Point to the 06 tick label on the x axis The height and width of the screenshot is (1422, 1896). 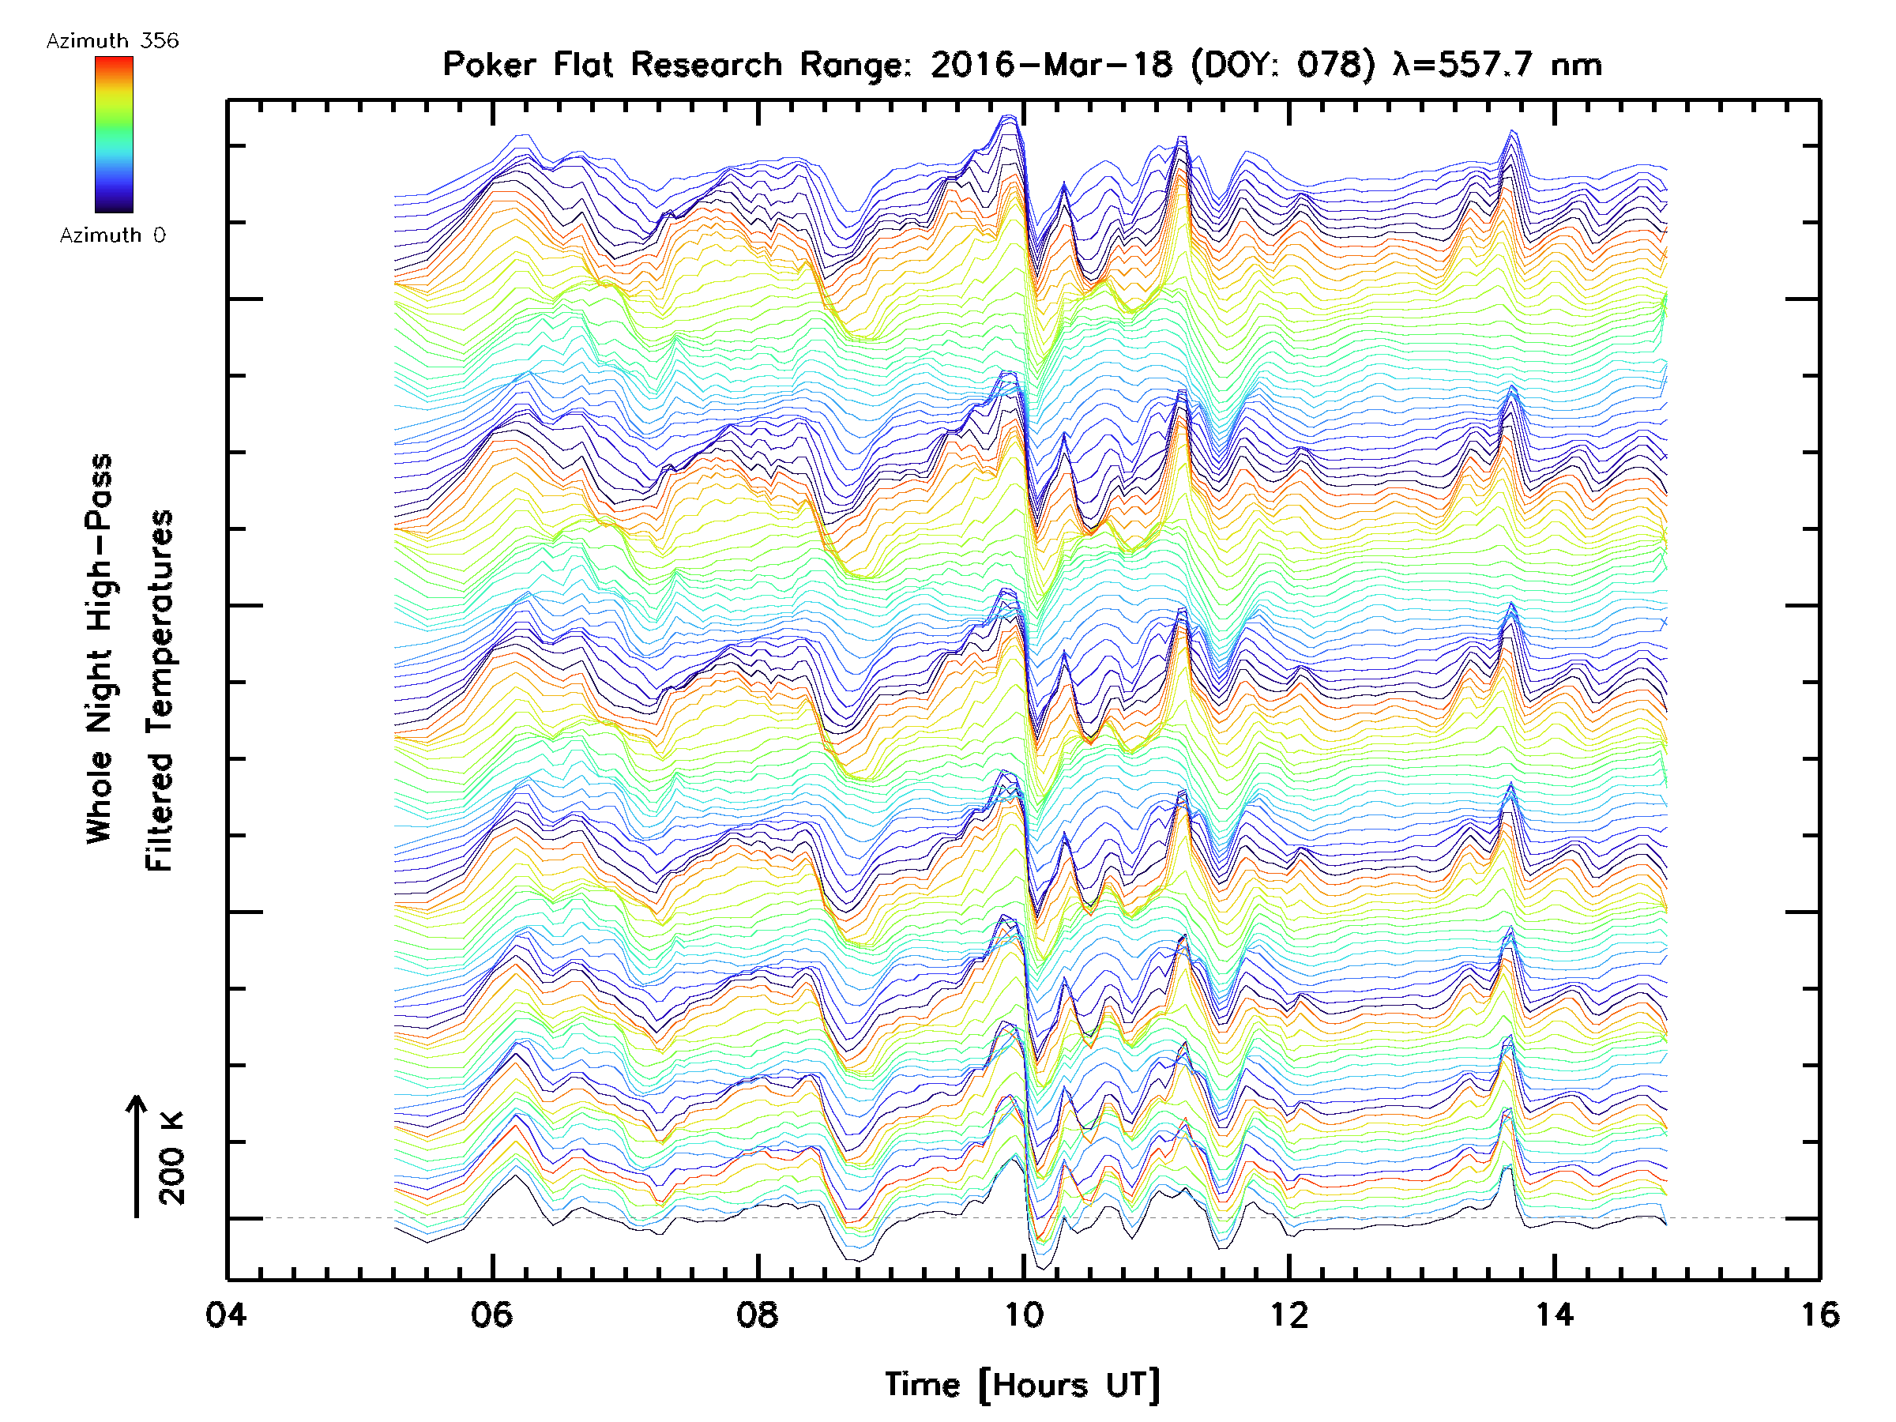[x=492, y=1315]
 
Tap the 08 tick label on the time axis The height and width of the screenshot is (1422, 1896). [x=758, y=1315]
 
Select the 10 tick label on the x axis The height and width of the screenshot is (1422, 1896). [x=1023, y=1315]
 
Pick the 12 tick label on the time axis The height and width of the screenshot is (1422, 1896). [x=1289, y=1315]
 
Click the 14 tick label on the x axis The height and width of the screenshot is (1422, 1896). [x=1555, y=1315]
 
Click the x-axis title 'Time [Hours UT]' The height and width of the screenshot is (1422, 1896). [x=1022, y=1385]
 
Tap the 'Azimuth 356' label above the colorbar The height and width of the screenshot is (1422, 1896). [x=112, y=41]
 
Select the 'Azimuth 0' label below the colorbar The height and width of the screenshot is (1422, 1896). [x=112, y=235]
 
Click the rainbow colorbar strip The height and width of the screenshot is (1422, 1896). [x=114, y=134]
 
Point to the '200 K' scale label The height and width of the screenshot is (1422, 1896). [x=171, y=1158]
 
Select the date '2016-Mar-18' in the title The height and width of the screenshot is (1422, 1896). [x=1051, y=65]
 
